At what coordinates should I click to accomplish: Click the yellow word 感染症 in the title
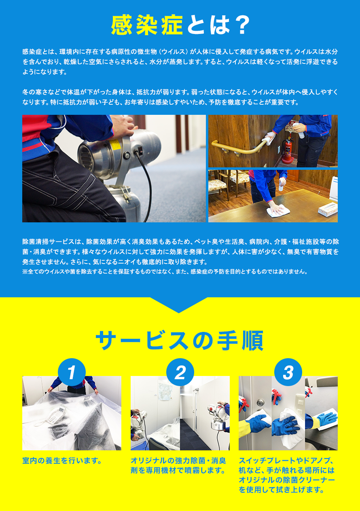coord(147,25)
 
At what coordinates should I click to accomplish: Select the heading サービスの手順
coord(180,341)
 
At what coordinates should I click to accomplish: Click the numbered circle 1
coord(72,372)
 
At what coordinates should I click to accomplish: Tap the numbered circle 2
coord(180,372)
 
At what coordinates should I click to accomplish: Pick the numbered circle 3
coord(288,372)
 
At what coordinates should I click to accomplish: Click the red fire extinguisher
coord(287,150)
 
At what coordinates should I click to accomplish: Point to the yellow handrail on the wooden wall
coord(238,147)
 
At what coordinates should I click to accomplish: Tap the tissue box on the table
coord(328,209)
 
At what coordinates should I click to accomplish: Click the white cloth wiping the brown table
coord(278,211)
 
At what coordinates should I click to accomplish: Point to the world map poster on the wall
coord(165,391)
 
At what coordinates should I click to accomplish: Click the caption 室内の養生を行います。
coord(62,460)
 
